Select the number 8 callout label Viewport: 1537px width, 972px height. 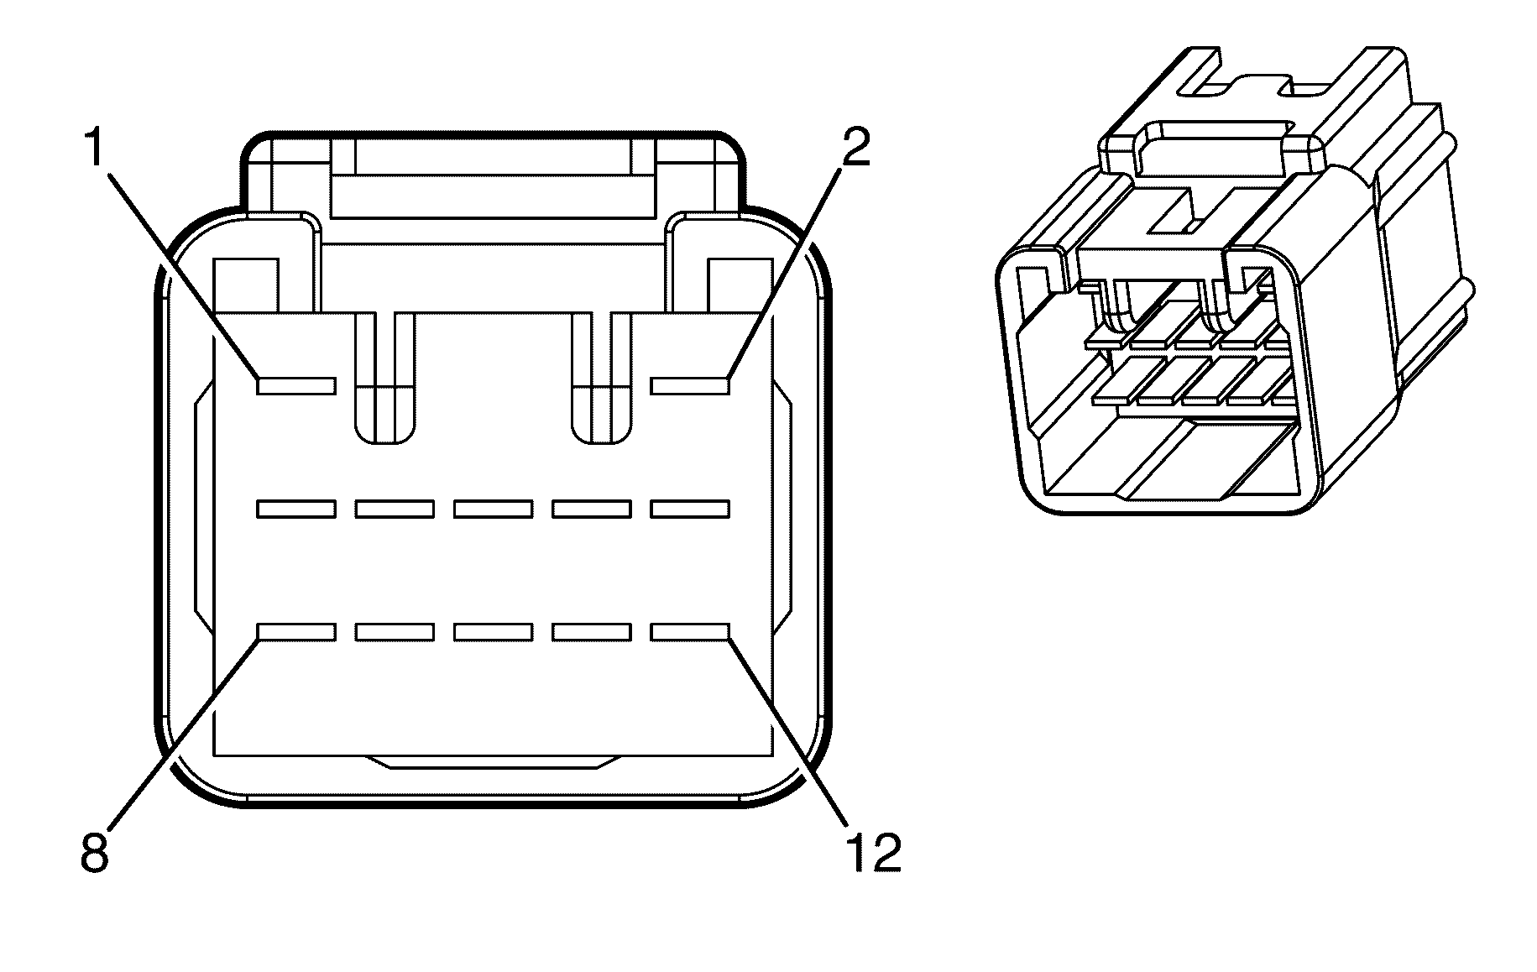pos(96,852)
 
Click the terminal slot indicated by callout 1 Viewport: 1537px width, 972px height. pos(296,385)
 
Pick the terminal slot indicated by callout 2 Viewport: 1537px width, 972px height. pos(690,385)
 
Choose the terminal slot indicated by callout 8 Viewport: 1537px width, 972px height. pos(296,632)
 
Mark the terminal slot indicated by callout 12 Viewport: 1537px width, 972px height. pos(690,632)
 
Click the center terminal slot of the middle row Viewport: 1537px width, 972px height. pos(493,509)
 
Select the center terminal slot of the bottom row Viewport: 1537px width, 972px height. pos(493,632)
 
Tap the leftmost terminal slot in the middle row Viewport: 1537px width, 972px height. pos(296,509)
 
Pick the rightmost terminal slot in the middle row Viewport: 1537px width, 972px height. pos(690,509)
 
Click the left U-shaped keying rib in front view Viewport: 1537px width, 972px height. pos(385,378)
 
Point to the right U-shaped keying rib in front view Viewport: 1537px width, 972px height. pos(601,378)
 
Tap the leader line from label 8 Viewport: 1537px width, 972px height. pos(184,734)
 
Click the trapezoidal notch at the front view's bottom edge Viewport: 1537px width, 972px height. pos(493,761)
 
